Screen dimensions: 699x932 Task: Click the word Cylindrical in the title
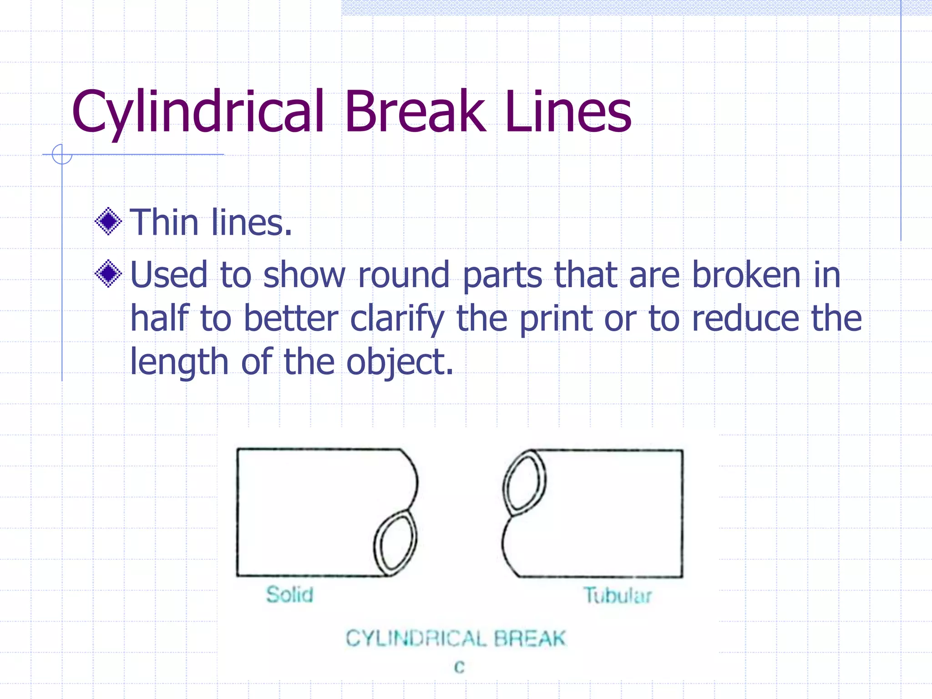tap(198, 111)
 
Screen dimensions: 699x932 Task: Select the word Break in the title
tap(415, 111)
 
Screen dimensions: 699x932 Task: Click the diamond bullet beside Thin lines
tap(108, 222)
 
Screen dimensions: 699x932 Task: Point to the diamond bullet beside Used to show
tap(108, 274)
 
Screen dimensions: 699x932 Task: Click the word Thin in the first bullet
tap(164, 223)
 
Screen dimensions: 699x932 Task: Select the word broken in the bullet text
tap(746, 275)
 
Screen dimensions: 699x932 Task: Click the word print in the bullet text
tap(556, 319)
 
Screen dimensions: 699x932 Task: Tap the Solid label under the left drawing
tap(290, 595)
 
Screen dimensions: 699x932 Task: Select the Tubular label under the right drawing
tap(618, 595)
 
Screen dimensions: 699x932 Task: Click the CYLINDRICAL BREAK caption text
tap(456, 638)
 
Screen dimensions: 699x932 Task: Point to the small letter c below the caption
tap(459, 667)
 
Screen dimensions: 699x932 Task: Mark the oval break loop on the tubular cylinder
tap(524, 482)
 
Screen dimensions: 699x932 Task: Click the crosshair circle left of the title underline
tap(62, 154)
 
